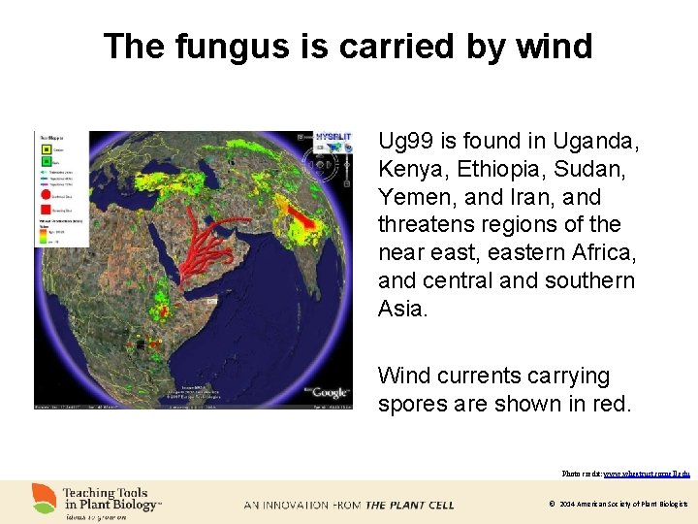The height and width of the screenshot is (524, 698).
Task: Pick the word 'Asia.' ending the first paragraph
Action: pyautogui.click(x=402, y=309)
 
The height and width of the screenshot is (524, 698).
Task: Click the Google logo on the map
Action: pyautogui.click(x=330, y=391)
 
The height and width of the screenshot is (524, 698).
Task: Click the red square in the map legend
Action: pyautogui.click(x=47, y=208)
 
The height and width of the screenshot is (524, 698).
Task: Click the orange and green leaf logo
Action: pyautogui.click(x=45, y=499)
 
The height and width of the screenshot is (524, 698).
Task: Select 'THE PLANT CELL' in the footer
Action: pyautogui.click(x=409, y=505)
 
